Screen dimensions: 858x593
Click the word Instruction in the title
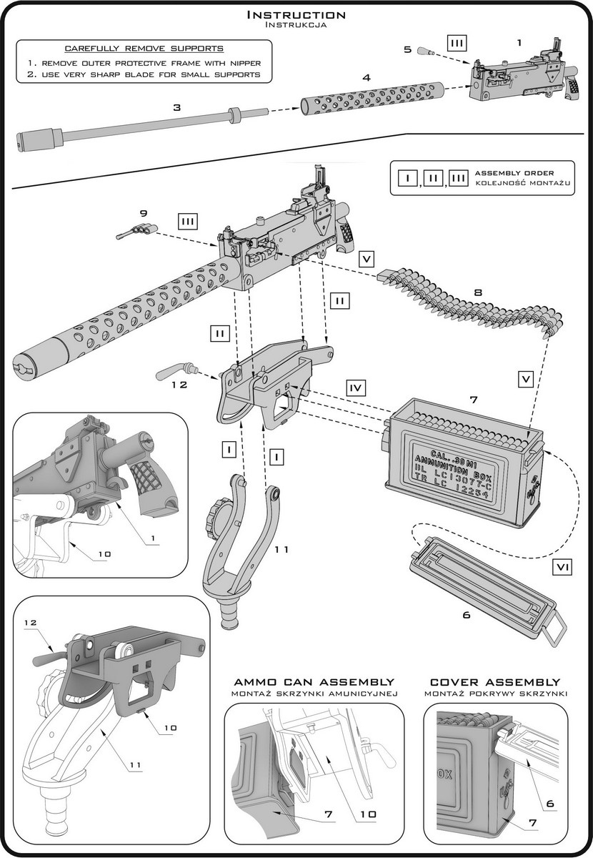click(296, 14)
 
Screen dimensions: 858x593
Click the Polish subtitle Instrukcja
click(296, 25)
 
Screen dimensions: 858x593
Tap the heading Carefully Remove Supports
click(144, 49)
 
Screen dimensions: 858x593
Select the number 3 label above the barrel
click(177, 107)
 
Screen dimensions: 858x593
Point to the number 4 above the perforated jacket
click(366, 76)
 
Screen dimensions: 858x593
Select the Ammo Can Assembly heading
click(314, 682)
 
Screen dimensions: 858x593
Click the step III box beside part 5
click(458, 43)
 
